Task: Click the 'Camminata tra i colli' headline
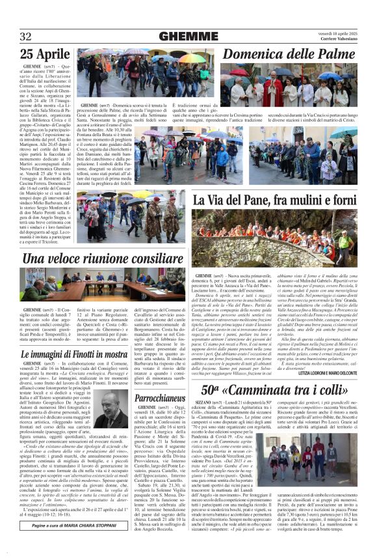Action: [275, 372]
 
